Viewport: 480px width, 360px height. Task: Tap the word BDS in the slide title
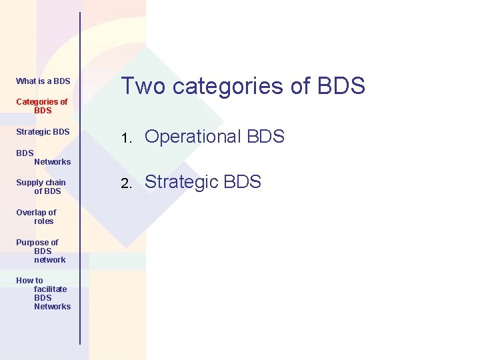(341, 86)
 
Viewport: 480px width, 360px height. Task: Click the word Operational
(193, 137)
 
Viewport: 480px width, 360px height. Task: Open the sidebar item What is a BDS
(43, 81)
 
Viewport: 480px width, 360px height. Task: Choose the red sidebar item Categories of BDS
(41, 106)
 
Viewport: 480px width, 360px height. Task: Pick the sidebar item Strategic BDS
(43, 132)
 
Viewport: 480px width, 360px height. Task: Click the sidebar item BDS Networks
(43, 157)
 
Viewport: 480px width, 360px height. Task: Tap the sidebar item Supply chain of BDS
(41, 187)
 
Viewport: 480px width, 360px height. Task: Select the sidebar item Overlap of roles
(36, 217)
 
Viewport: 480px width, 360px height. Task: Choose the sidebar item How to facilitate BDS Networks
(43, 293)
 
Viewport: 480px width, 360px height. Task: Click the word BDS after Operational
(265, 137)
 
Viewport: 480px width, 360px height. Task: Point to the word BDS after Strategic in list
(243, 182)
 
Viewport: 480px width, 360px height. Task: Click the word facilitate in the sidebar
(51, 289)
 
